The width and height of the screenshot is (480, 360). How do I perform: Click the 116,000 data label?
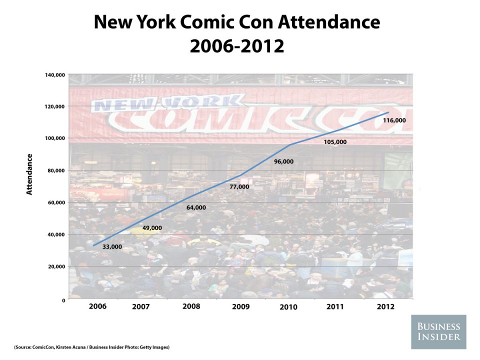(394, 121)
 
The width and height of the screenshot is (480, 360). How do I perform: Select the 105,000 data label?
(334, 142)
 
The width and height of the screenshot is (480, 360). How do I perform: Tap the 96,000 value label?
(283, 162)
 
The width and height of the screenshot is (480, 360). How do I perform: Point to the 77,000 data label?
(239, 187)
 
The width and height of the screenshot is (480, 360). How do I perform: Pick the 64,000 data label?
(196, 207)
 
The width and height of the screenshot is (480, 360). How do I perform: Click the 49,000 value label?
(152, 228)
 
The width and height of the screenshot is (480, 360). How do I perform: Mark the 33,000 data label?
(112, 247)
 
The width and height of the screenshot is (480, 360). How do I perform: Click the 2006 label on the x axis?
(97, 306)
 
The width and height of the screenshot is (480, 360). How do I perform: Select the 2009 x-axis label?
(240, 306)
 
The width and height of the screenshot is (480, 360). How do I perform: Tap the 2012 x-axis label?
(385, 306)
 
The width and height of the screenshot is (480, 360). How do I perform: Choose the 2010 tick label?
(288, 306)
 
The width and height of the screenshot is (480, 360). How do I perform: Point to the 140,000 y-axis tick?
(55, 75)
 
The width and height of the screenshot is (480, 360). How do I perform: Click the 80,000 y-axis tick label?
(57, 170)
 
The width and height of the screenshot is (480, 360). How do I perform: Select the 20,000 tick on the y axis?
(57, 266)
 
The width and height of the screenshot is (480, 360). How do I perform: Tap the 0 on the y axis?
(63, 300)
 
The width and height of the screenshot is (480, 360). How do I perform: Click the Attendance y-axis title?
(29, 174)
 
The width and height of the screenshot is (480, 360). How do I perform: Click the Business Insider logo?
(439, 332)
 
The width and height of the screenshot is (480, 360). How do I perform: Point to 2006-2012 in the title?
(237, 46)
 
